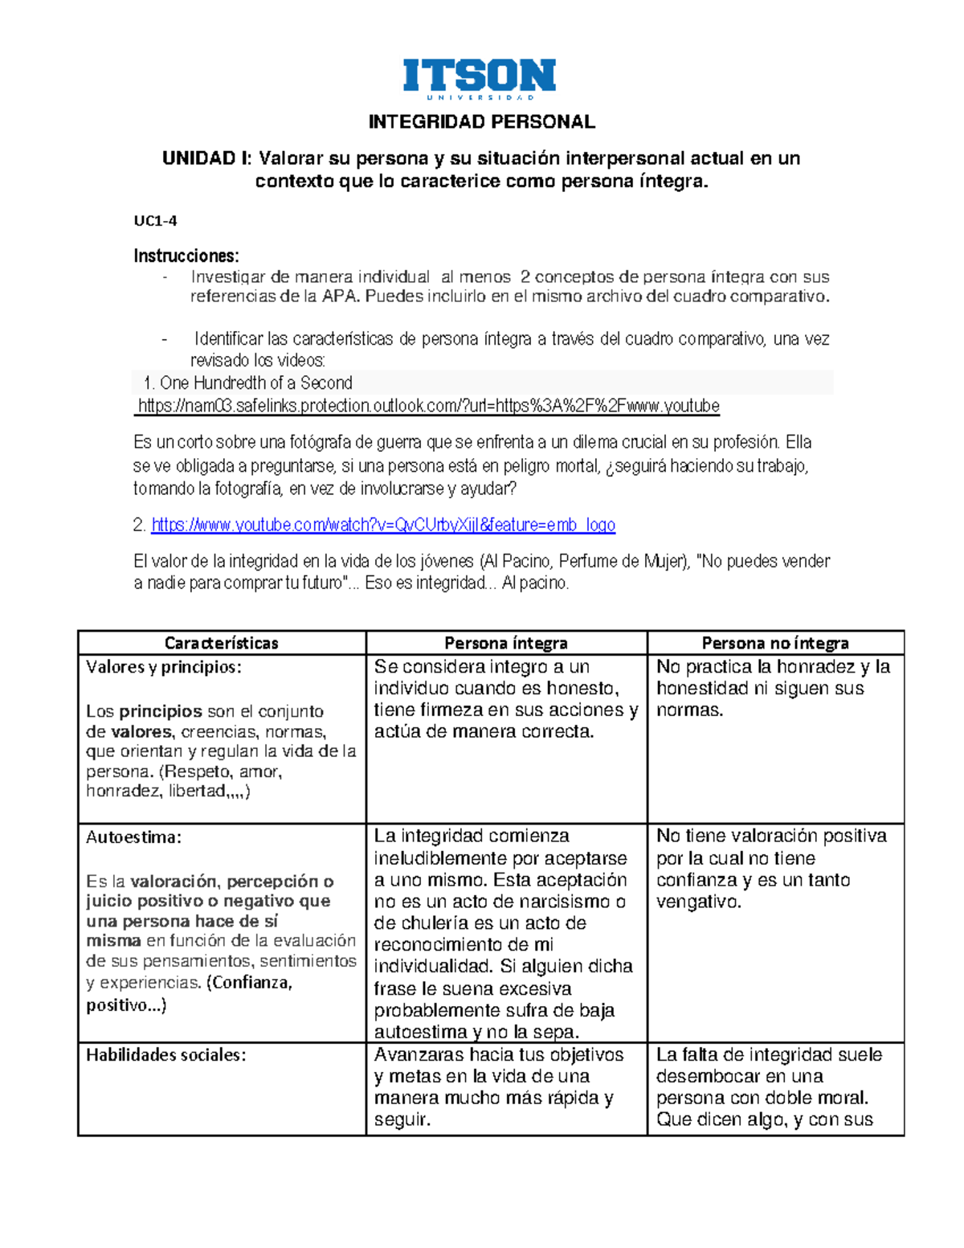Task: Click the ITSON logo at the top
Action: pos(479,79)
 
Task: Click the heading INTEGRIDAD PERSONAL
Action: pos(481,122)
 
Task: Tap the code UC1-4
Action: pos(155,221)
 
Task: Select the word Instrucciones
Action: pos(186,256)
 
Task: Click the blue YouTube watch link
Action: pos(383,526)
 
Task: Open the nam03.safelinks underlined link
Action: pos(428,406)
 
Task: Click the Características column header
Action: pos(221,643)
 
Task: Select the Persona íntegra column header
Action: pos(506,643)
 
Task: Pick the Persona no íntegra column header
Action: pos(775,643)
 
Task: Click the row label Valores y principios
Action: pos(163,667)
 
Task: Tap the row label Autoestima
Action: pos(133,837)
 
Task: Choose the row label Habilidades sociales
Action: pos(165,1055)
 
